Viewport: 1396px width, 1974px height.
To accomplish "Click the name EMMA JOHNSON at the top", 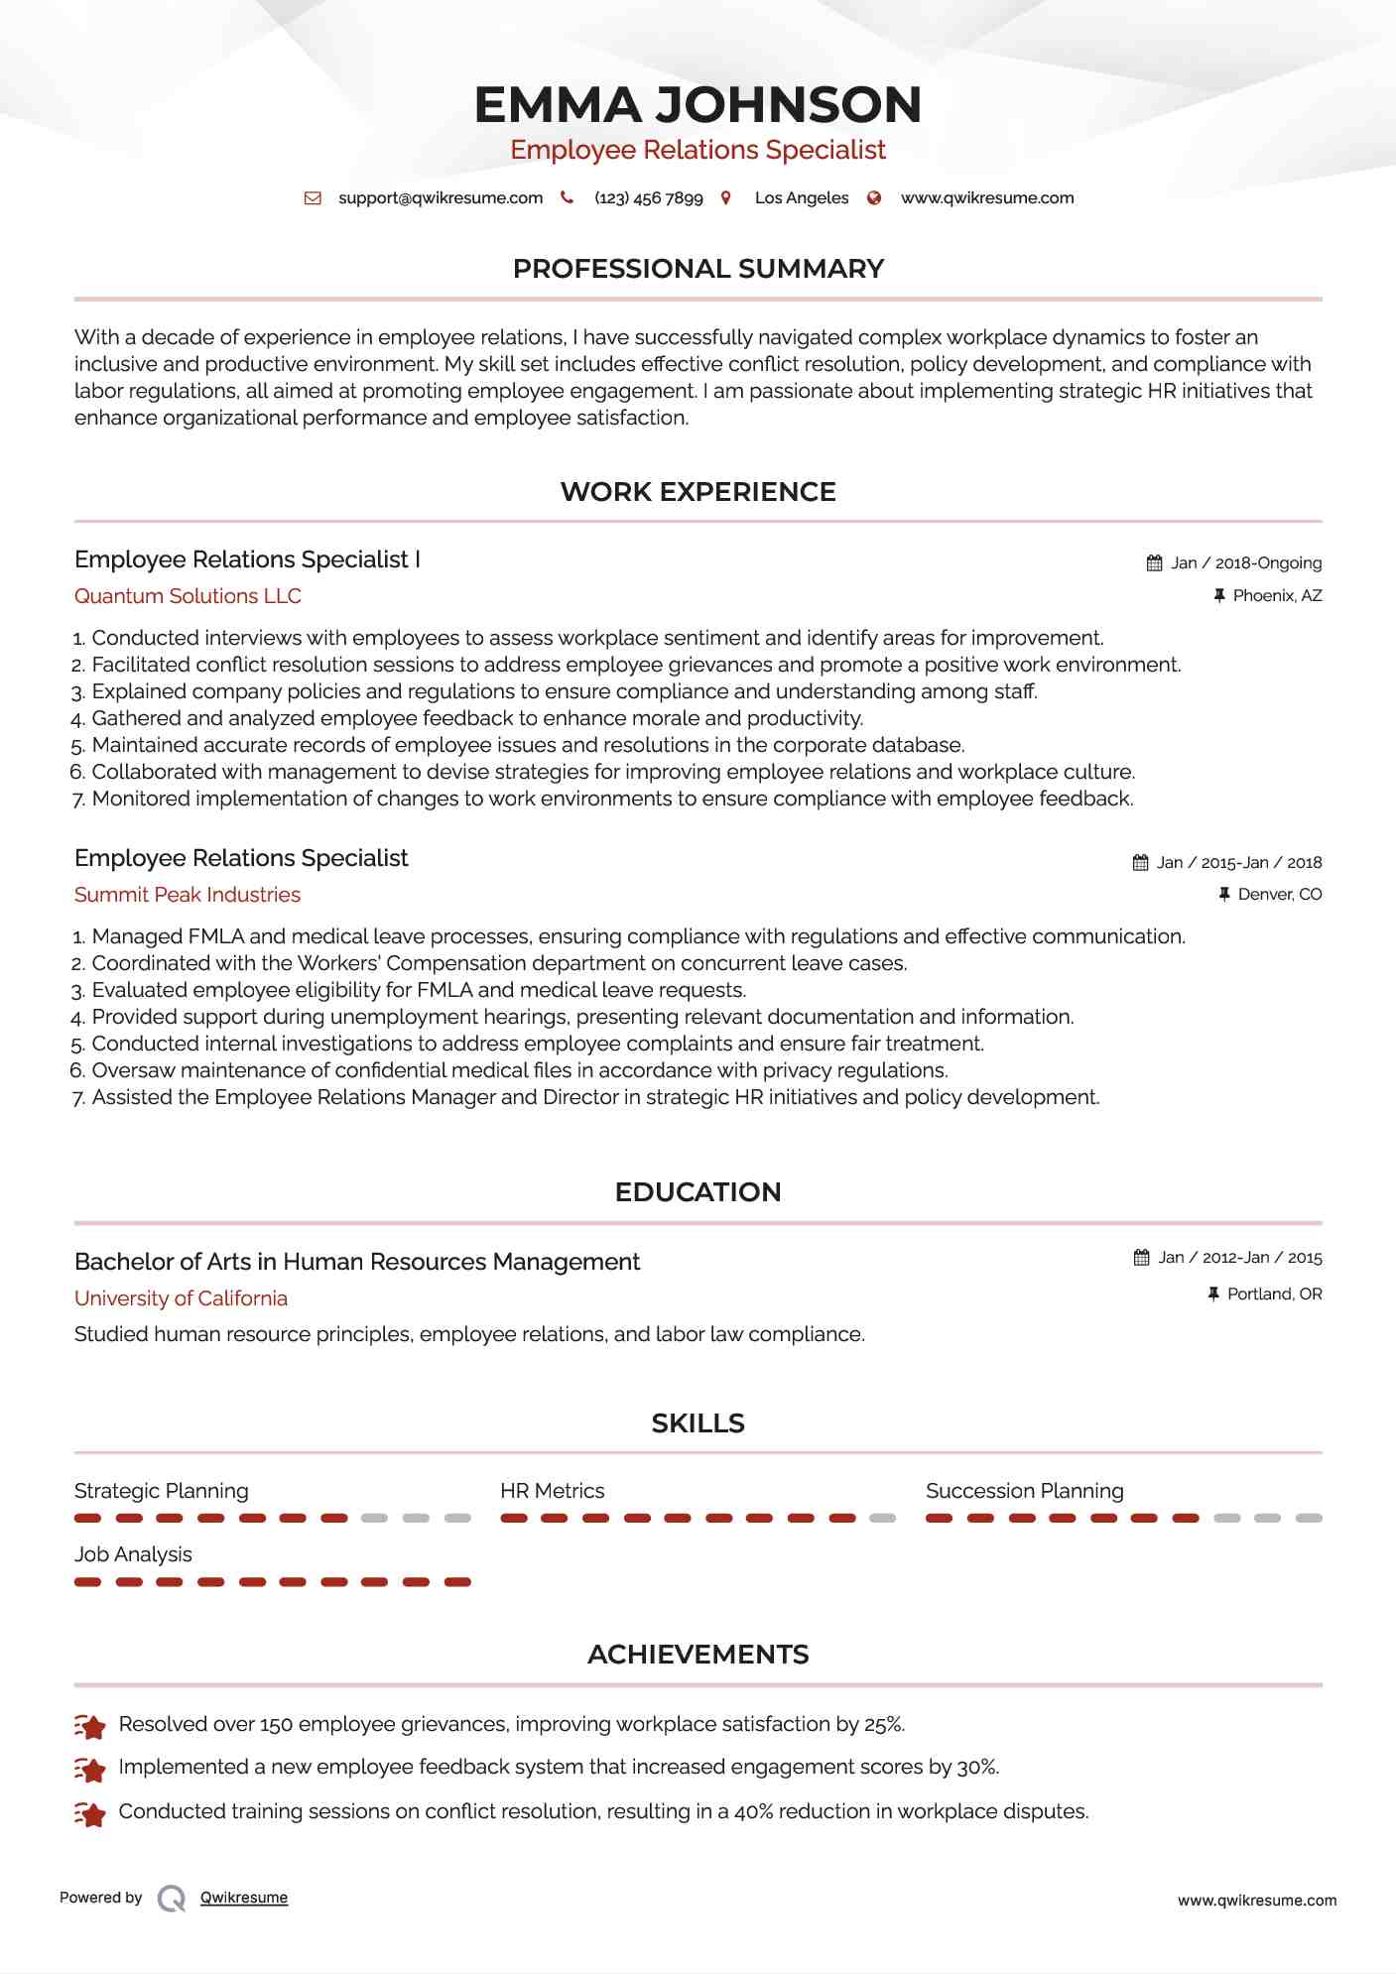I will click(698, 105).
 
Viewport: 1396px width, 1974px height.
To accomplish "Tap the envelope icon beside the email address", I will click(313, 198).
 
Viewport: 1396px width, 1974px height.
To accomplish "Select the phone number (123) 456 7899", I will click(648, 198).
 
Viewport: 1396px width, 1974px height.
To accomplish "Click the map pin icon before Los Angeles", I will click(726, 198).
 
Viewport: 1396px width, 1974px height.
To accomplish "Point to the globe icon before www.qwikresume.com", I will click(874, 198).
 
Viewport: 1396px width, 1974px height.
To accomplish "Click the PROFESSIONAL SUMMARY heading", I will click(698, 269).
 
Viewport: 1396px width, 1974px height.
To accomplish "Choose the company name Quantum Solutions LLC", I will click(188, 596).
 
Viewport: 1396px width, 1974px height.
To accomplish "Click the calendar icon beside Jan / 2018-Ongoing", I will click(1154, 563).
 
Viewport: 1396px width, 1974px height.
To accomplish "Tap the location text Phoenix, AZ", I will click(1277, 596).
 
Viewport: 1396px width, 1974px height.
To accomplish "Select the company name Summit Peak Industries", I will click(187, 895).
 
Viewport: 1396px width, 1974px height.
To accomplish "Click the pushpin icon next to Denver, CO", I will click(1224, 895).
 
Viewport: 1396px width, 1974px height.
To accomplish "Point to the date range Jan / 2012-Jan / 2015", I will click(1240, 1258).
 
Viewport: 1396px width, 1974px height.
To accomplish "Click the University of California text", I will click(181, 1298).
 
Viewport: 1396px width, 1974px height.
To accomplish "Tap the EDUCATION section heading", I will click(698, 1192).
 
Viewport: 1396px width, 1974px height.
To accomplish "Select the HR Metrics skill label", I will click(552, 1491).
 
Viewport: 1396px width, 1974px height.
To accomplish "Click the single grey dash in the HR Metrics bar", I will click(882, 1519).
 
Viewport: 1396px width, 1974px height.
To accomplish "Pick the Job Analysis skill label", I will click(133, 1554).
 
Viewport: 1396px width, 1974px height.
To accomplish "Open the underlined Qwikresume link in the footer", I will click(244, 1898).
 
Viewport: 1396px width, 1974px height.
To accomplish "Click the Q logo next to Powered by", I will click(172, 1899).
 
